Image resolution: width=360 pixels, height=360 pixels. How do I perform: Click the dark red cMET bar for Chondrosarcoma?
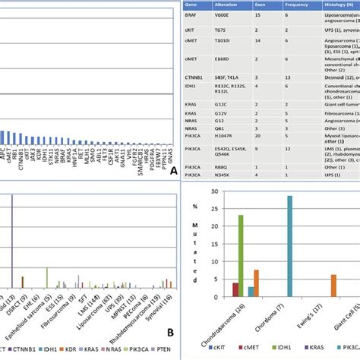(235, 289)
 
